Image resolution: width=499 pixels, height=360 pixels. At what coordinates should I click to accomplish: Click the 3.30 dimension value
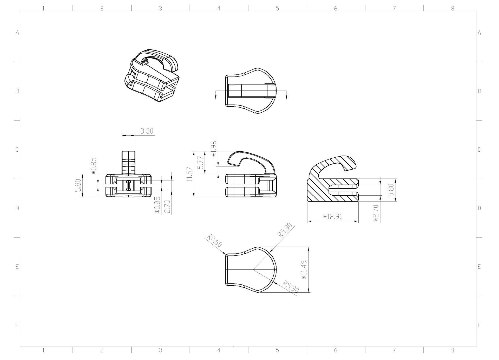(147, 131)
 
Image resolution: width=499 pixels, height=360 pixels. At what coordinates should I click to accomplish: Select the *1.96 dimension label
(214, 149)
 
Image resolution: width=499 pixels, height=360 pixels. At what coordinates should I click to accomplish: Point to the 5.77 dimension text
(200, 163)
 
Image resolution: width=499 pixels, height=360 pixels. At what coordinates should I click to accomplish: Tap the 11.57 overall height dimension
(190, 174)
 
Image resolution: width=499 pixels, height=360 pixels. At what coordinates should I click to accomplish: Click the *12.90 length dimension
(333, 217)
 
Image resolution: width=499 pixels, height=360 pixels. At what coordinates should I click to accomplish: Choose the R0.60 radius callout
(215, 241)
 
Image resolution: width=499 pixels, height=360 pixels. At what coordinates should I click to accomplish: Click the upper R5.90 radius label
(285, 230)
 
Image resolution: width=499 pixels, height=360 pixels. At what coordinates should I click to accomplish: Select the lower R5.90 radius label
(291, 286)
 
